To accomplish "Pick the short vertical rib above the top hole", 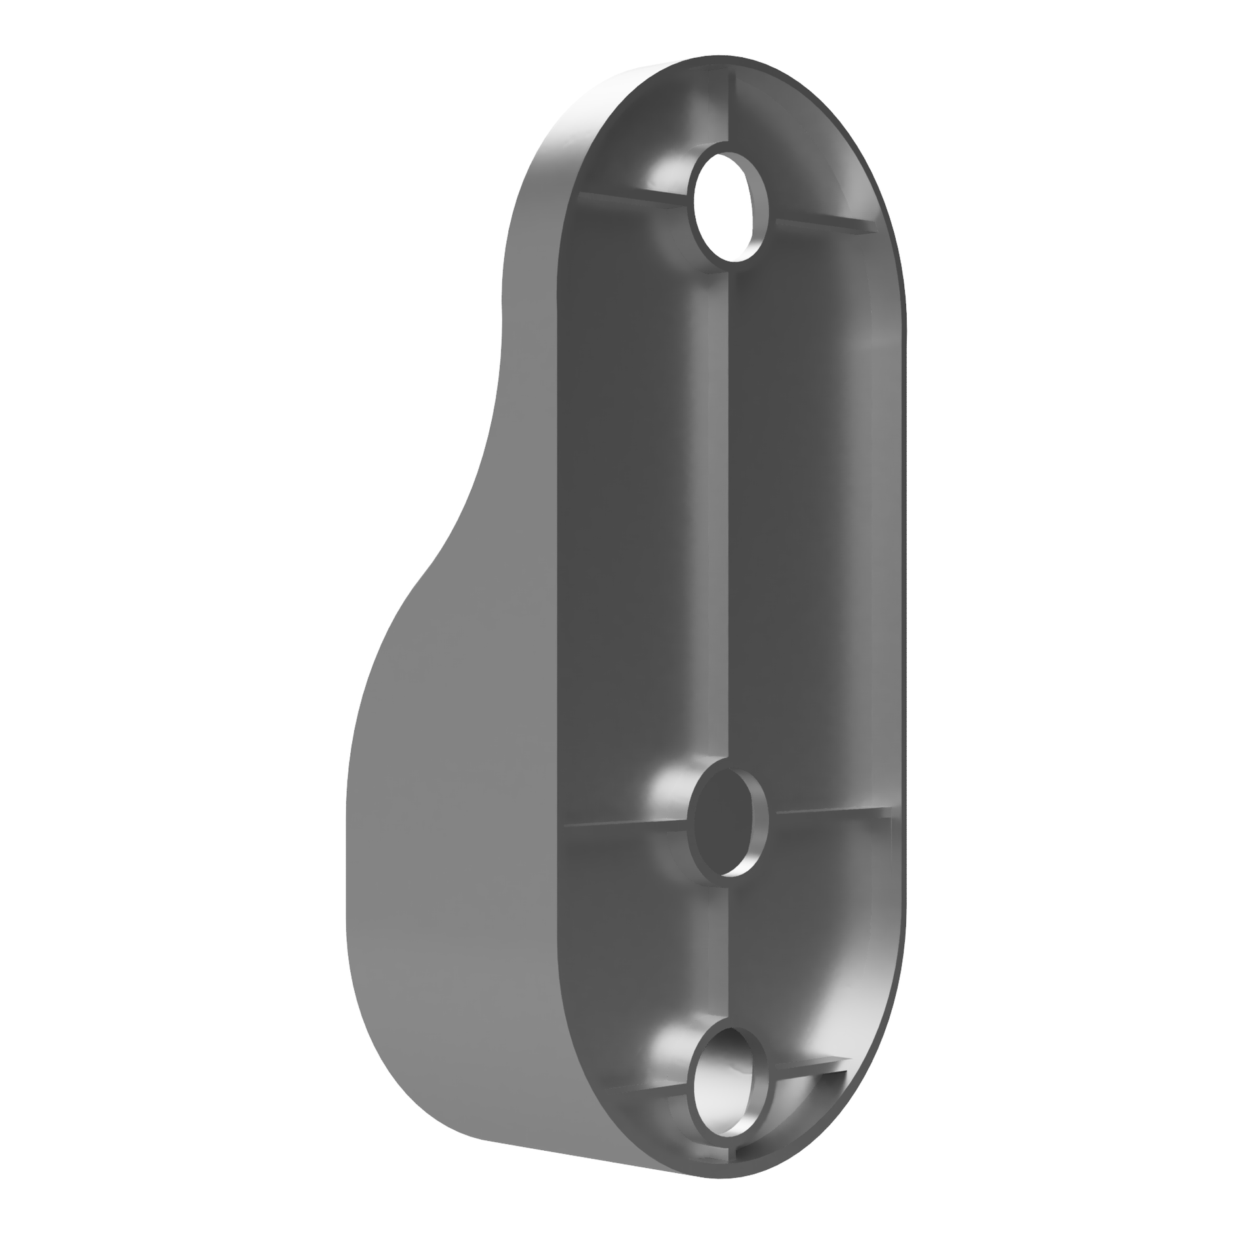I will tap(730, 105).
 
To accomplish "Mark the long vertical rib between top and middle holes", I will tap(729, 511).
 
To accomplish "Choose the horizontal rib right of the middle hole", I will tap(833, 812).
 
